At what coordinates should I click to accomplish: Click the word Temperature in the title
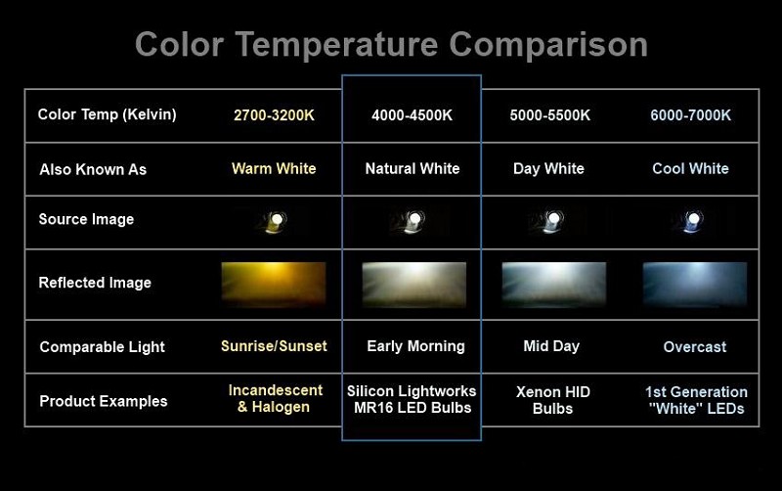(336, 45)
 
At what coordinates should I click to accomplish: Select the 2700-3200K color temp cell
(274, 115)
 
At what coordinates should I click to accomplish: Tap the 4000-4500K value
(412, 115)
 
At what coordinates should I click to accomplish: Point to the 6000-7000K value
(690, 115)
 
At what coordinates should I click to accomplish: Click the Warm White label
(274, 168)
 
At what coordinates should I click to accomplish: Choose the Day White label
(548, 168)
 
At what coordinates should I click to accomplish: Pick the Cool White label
(690, 168)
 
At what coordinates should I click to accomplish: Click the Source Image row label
(86, 219)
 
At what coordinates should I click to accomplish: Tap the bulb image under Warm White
(274, 221)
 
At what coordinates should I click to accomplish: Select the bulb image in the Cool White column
(690, 221)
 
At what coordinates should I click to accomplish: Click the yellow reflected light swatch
(274, 284)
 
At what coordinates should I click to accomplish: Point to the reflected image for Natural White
(413, 284)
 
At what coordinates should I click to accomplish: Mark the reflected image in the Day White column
(554, 284)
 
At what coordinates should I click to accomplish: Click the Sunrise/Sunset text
(274, 346)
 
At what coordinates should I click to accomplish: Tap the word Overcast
(695, 347)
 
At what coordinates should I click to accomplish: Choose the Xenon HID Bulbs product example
(552, 400)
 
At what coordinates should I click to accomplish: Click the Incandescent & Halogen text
(276, 399)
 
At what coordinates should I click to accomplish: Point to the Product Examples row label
(104, 401)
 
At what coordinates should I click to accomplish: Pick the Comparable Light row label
(103, 347)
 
